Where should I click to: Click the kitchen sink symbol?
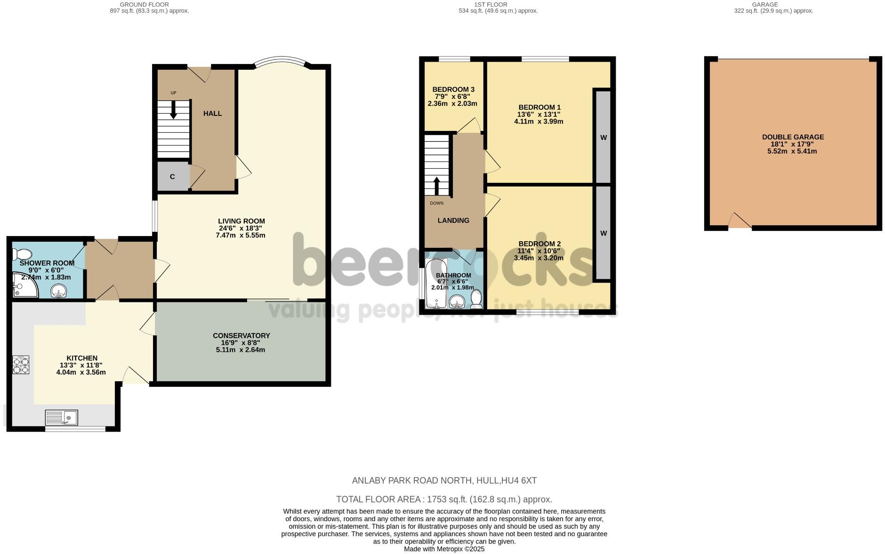(62, 418)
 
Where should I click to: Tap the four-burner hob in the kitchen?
(21, 365)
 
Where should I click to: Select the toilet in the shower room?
(22, 255)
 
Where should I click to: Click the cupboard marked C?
(172, 177)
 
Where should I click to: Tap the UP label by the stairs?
(173, 93)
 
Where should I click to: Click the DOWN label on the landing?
(436, 203)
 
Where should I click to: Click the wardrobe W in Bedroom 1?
(603, 137)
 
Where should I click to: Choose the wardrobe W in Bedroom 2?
(603, 233)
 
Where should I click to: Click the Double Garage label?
(793, 137)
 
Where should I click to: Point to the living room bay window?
(281, 62)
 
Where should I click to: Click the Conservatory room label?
(241, 335)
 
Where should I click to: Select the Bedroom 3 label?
(453, 90)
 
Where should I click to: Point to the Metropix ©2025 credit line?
(444, 549)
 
